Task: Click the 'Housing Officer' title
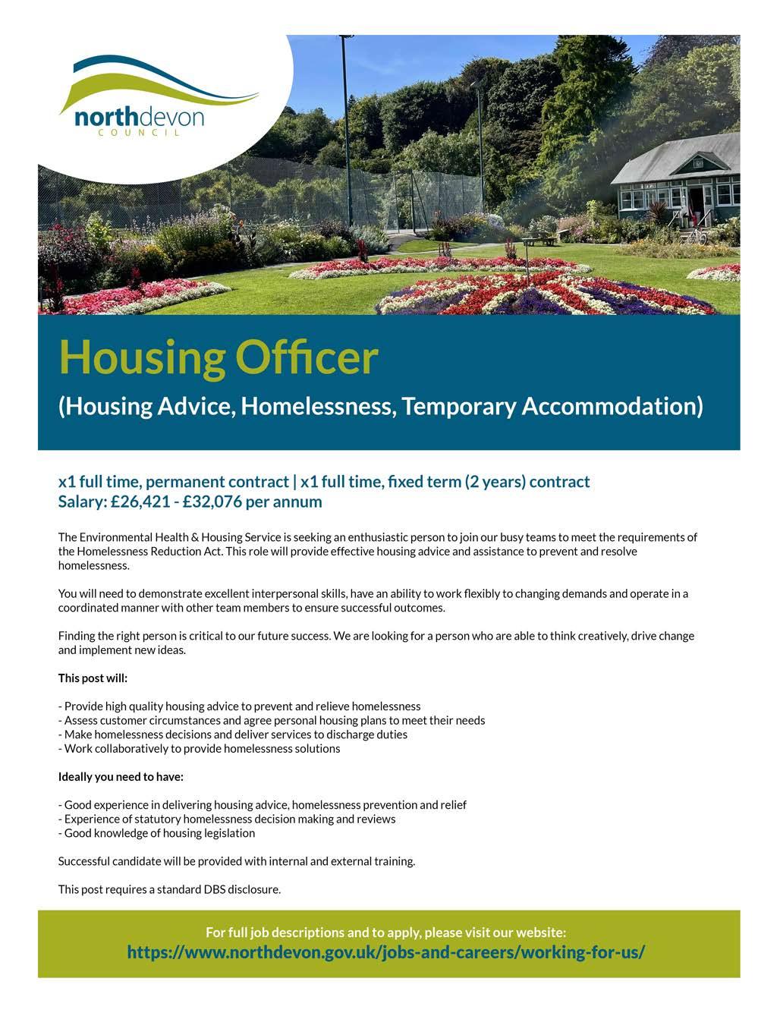[x=218, y=357]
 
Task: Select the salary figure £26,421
[x=137, y=502]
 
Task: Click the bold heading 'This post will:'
[x=93, y=678]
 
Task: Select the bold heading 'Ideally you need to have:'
[x=121, y=777]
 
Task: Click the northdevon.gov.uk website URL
[x=385, y=952]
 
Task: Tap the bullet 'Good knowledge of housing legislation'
[x=157, y=833]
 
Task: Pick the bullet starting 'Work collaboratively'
[x=200, y=749]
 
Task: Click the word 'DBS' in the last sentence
[x=215, y=889]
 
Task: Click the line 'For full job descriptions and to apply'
[x=385, y=932]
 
